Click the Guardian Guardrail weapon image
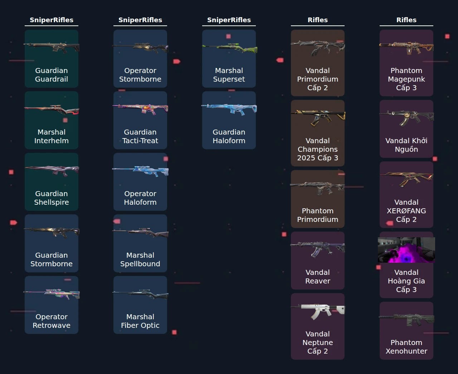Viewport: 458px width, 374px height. (x=52, y=47)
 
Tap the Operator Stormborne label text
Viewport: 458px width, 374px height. (x=140, y=75)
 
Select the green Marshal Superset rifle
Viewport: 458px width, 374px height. (x=229, y=48)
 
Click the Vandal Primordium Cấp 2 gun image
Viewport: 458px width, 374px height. (x=318, y=48)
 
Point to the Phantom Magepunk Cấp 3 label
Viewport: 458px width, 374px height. (x=406, y=79)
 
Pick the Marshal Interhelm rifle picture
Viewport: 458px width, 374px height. (x=52, y=110)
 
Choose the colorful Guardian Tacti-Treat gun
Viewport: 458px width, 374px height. (x=140, y=109)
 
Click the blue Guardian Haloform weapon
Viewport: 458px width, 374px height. (x=229, y=109)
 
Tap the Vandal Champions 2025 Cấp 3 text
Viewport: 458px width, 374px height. (x=318, y=149)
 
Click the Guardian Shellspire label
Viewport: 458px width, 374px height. (x=52, y=198)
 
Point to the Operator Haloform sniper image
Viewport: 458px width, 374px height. (x=140, y=171)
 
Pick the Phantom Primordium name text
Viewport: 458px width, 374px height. (x=318, y=215)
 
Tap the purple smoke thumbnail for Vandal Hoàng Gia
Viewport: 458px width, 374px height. (x=406, y=250)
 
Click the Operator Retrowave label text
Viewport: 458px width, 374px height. (x=52, y=321)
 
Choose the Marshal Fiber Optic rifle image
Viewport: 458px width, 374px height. (x=140, y=294)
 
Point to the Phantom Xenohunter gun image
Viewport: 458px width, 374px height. (x=406, y=320)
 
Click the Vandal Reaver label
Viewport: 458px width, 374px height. (x=318, y=277)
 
